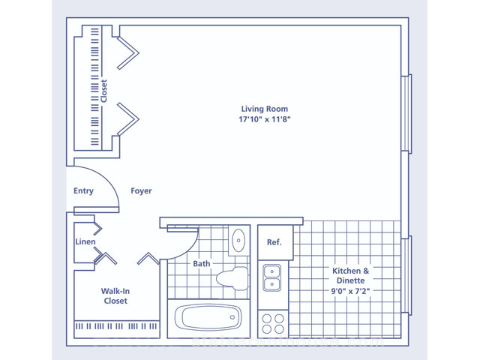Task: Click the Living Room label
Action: tap(265, 109)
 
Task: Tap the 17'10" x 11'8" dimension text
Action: tap(265, 119)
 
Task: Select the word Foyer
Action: tap(141, 191)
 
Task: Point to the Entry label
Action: tap(83, 190)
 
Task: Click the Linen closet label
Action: tap(85, 241)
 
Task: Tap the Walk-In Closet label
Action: tap(115, 295)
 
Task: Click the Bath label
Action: tap(202, 263)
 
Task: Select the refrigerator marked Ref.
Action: tap(275, 242)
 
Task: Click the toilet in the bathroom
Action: tap(232, 278)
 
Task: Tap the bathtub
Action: tap(208, 317)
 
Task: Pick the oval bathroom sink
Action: tap(238, 240)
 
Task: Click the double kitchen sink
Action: tap(271, 277)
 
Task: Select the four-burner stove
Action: tap(273, 324)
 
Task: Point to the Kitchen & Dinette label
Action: tap(351, 275)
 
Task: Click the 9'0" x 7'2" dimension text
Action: tap(350, 291)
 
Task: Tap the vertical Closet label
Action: tap(104, 91)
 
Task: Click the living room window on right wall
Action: tap(406, 114)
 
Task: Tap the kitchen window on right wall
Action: tap(406, 275)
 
